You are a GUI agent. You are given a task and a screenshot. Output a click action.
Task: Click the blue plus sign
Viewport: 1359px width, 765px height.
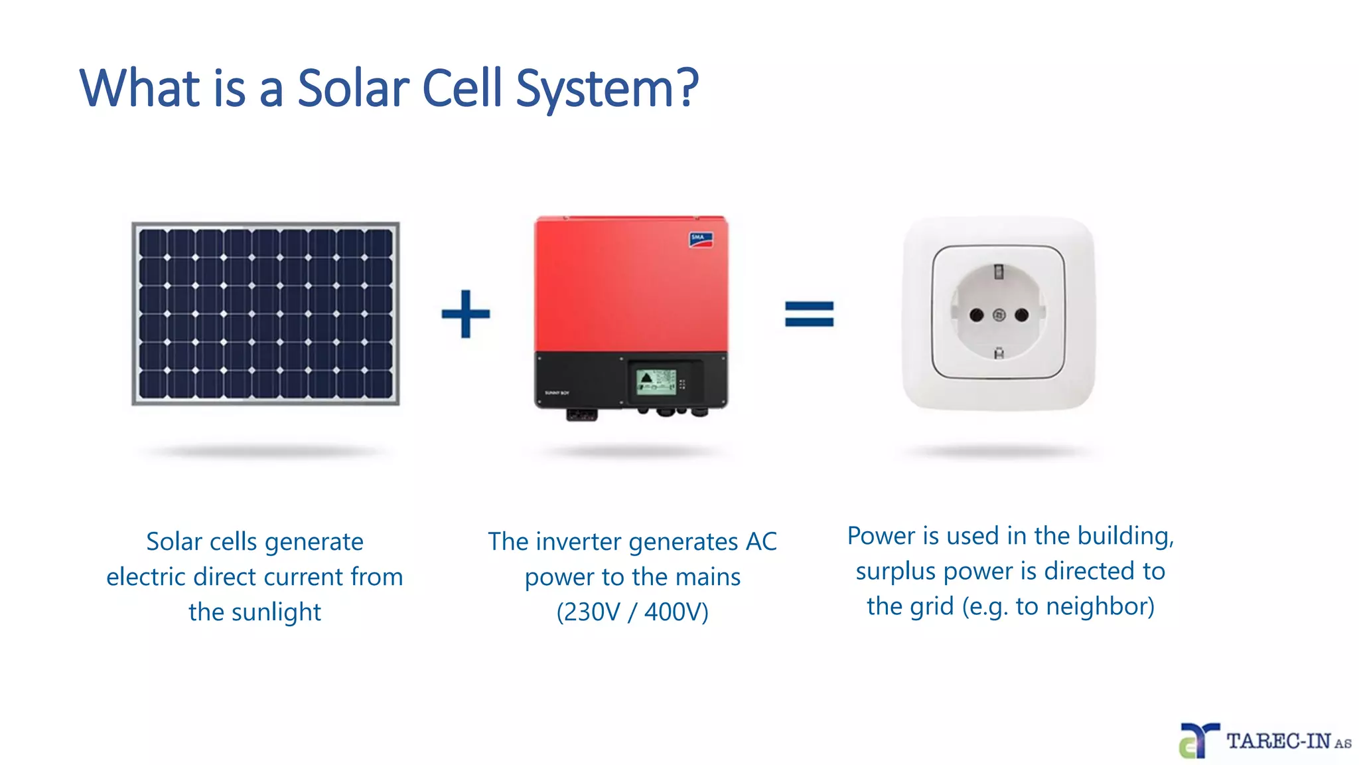(466, 313)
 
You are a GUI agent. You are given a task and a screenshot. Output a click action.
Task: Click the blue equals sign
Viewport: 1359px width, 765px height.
(809, 314)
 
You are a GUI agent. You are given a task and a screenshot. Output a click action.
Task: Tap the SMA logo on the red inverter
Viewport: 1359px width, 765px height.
(701, 240)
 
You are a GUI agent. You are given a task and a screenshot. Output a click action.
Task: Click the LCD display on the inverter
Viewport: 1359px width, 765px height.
(656, 382)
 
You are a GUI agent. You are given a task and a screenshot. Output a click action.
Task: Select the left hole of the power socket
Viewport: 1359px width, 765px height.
(976, 315)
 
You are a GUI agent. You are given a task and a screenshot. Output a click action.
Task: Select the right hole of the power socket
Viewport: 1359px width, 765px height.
(1022, 315)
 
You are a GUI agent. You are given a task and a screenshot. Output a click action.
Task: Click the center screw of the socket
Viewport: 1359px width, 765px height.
(999, 315)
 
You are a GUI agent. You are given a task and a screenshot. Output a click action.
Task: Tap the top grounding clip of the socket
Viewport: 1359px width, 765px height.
(999, 272)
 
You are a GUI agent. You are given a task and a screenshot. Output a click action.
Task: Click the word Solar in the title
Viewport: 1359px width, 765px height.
(353, 88)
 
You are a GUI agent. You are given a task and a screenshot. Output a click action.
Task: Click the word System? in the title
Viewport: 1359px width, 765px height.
(607, 88)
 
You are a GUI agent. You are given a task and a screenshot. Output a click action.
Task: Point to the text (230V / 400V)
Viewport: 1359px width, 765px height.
(632, 612)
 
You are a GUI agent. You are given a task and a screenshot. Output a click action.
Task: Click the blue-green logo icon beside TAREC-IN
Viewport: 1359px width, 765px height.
(1198, 740)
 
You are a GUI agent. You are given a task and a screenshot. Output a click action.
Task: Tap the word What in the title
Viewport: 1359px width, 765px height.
(140, 88)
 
